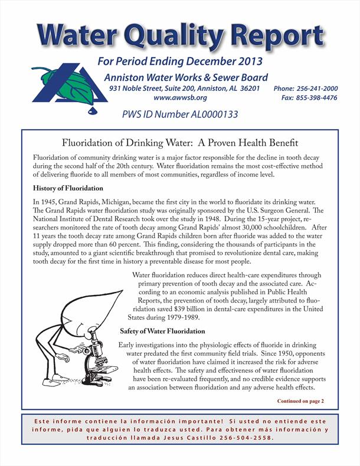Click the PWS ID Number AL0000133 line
pyautogui.click(x=179, y=114)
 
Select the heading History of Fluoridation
pyautogui.click(x=68, y=188)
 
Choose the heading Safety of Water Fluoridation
pyautogui.click(x=162, y=331)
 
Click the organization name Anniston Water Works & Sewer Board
pyautogui.click(x=186, y=77)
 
